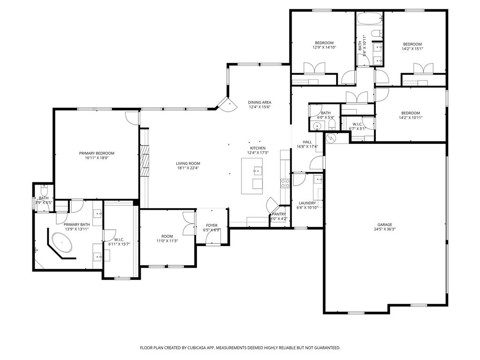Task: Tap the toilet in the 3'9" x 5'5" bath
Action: point(44,191)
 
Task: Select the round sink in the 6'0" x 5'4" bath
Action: point(316,126)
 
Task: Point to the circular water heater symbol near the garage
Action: point(331,138)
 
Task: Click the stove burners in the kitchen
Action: point(285,183)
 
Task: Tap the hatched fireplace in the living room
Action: point(145,160)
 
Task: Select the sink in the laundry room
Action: point(318,179)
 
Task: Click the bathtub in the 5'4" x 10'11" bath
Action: point(364,20)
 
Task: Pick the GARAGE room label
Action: point(384,225)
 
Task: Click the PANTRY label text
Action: point(278,214)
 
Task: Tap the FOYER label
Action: point(211,225)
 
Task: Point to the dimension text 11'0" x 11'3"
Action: point(167,241)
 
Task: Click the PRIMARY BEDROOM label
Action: point(97,153)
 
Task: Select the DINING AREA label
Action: point(260,102)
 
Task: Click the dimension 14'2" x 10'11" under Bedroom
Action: point(410,118)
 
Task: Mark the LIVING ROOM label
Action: point(188,164)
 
